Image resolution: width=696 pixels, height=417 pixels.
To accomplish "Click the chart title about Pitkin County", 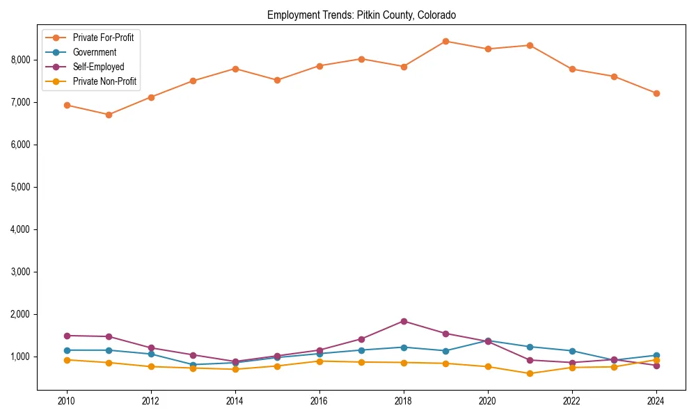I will pos(361,15).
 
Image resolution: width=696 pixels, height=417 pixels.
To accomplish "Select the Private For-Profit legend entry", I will pos(103,38).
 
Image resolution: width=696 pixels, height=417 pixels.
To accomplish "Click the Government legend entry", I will pos(94,52).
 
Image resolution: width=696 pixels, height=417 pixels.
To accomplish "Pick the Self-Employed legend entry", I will pos(98,67).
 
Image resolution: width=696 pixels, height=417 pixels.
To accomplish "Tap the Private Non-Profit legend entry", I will pos(104,81).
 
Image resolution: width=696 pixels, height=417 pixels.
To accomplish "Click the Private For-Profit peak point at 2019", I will pos(445,41).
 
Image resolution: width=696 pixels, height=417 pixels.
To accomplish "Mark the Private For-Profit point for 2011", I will pos(109,115).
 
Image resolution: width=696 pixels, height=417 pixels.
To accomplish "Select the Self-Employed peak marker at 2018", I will pos(404,321).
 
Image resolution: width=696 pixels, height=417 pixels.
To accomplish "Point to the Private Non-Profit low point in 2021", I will pos(530,373).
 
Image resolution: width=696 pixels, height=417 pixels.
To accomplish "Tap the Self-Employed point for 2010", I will pos(67,336).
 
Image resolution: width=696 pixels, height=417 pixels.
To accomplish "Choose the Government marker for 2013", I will pos(193,364).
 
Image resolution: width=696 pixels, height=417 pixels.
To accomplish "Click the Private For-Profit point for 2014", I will pos(235,69).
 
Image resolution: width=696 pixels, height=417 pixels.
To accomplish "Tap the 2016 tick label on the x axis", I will pos(319,401).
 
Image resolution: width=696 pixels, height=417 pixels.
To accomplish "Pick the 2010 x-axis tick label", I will pos(67,401).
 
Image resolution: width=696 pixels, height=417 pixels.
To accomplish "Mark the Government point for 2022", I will pos(572,351).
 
